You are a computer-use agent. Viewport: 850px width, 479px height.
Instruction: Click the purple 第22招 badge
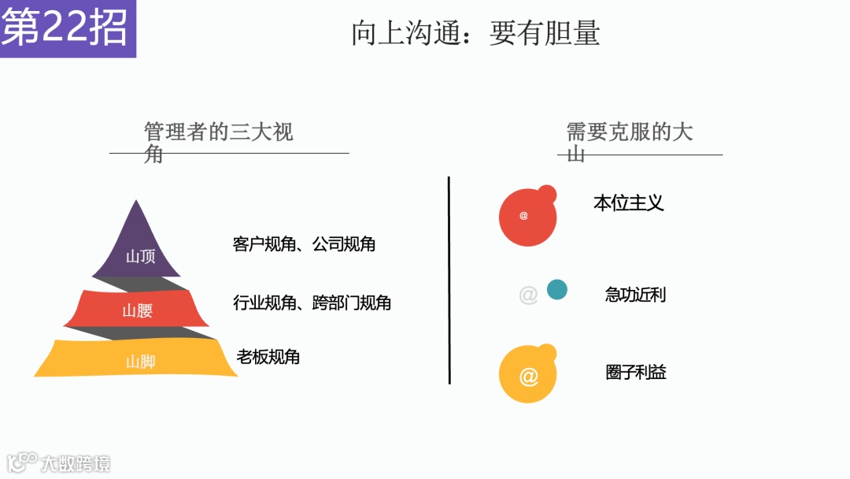pyautogui.click(x=67, y=28)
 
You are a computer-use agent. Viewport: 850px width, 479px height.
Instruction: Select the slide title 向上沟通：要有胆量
pyautogui.click(x=475, y=33)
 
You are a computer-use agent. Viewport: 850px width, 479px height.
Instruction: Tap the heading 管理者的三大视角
pyautogui.click(x=218, y=141)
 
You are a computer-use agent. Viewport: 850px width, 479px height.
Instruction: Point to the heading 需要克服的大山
pyautogui.click(x=630, y=141)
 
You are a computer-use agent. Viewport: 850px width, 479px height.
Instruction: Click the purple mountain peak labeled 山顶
pyautogui.click(x=139, y=251)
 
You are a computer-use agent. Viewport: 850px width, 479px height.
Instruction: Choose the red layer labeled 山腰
pyautogui.click(x=137, y=310)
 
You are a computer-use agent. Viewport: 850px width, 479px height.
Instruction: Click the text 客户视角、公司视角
pyautogui.click(x=304, y=244)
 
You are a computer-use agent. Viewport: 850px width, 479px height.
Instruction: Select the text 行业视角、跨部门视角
pyautogui.click(x=312, y=303)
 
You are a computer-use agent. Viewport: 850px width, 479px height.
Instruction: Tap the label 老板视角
pyautogui.click(x=268, y=357)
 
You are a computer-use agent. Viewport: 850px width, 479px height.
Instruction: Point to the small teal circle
pyautogui.click(x=557, y=290)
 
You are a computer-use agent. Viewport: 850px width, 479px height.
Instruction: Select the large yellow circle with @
pyautogui.click(x=527, y=376)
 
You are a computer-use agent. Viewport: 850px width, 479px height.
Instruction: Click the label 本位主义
pyautogui.click(x=628, y=203)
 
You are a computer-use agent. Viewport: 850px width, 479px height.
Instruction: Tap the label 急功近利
pyautogui.click(x=635, y=295)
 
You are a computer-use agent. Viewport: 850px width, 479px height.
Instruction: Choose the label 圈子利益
pyautogui.click(x=635, y=372)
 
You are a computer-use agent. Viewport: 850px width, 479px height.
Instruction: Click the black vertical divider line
pyautogui.click(x=449, y=280)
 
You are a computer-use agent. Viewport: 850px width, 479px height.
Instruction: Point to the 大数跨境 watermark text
pyautogui.click(x=76, y=463)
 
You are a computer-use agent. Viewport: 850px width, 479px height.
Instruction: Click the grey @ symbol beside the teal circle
pyautogui.click(x=528, y=295)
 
